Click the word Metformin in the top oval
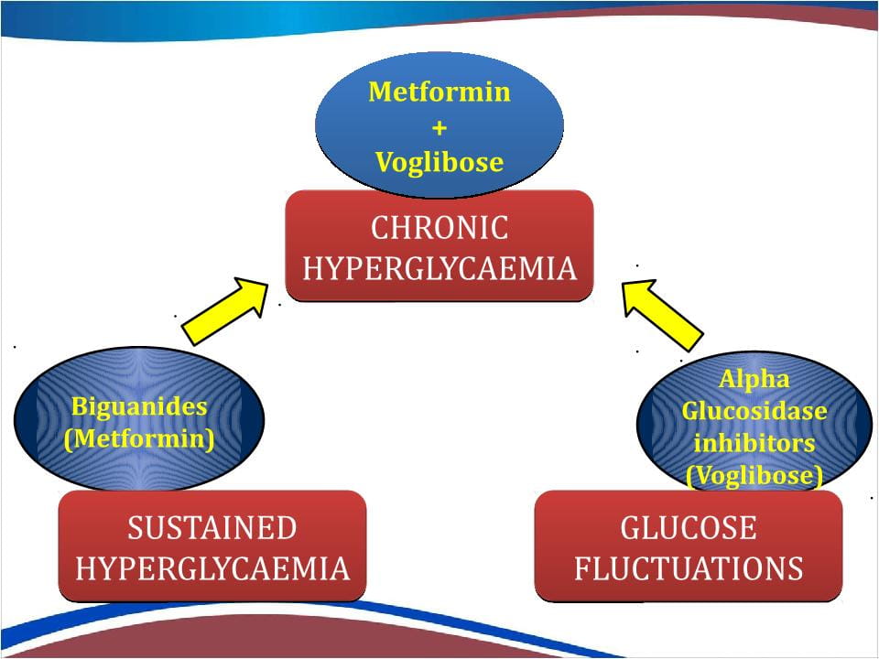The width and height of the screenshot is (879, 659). pos(439,92)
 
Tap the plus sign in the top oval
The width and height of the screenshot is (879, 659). pos(439,128)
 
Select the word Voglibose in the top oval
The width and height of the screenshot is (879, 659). pos(439,163)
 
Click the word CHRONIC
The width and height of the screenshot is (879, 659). pos(439,228)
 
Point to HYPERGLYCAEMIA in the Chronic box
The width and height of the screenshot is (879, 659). pos(439,268)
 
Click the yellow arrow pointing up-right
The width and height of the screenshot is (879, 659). pos(225,311)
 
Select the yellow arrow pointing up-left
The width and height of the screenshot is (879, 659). pos(663,315)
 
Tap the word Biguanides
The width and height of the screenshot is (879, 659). pos(139,406)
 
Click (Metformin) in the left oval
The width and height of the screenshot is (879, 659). pos(139,438)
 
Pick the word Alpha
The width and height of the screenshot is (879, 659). pos(754,379)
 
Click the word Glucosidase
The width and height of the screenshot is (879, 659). pos(754,411)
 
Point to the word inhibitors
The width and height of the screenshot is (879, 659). pos(754,443)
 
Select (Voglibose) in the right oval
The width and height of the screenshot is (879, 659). pos(754,476)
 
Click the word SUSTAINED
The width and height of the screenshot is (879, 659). pos(212,528)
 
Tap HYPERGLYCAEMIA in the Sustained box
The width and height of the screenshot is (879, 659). pos(212,568)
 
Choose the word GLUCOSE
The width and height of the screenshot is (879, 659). pos(689,528)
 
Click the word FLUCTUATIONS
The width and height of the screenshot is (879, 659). pos(689,568)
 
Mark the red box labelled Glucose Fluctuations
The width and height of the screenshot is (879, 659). pos(689,546)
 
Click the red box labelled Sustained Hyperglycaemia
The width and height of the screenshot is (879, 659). pos(212,546)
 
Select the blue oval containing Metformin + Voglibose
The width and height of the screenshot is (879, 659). pos(439,125)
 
